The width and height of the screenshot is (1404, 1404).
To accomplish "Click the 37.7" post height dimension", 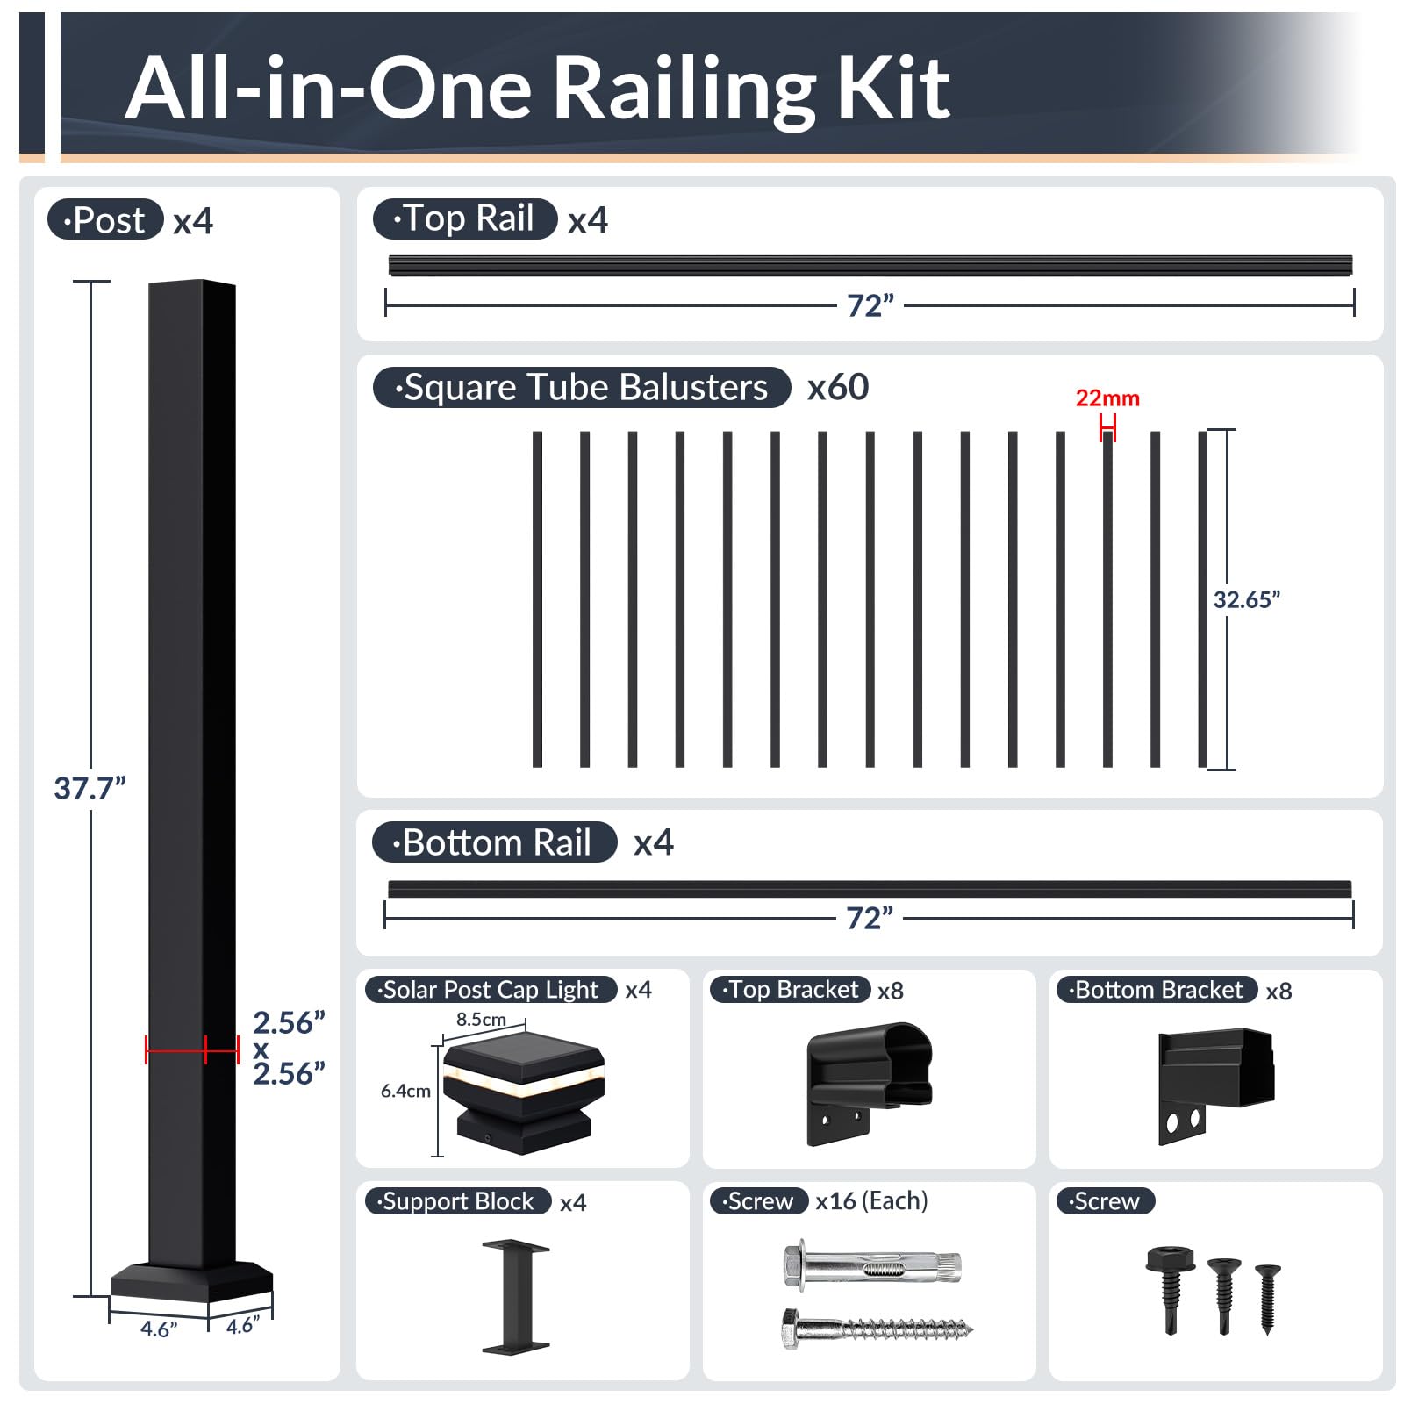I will point(90,788).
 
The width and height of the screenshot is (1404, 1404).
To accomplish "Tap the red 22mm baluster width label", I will point(1107,398).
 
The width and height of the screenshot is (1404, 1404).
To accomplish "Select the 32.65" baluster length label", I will point(1246,600).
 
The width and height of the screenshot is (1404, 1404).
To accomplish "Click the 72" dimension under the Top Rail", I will point(870,306).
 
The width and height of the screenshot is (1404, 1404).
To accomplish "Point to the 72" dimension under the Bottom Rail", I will point(869,919).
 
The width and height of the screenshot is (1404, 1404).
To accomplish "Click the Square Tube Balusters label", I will point(582,388).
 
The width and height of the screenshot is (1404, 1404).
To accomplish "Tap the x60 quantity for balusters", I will point(838,388).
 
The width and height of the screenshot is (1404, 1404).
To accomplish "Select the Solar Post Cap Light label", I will point(491,990).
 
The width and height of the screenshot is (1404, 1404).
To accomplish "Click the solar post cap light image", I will point(523,1092).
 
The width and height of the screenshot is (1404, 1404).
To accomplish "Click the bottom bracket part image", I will point(1214,1085).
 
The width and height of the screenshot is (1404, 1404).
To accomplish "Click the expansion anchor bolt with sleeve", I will point(872,1266).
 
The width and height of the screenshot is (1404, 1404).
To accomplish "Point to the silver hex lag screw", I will point(876,1329).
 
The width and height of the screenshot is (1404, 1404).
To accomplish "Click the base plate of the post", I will point(191,1283).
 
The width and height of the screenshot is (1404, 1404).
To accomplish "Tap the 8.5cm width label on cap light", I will point(481,1020).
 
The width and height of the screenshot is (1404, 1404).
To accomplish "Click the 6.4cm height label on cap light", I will point(405,1092).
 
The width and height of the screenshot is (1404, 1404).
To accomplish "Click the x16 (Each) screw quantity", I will point(871,1201).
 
